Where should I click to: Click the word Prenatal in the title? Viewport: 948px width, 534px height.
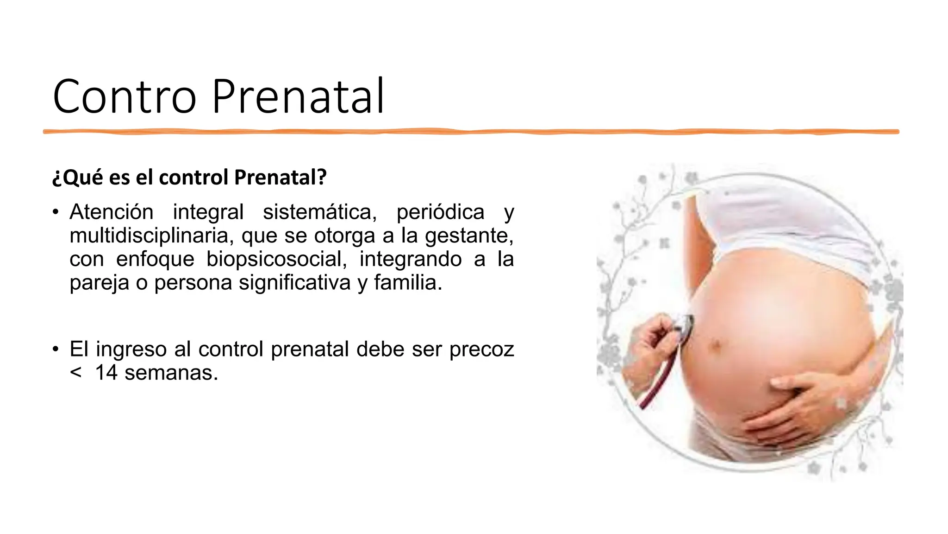298,97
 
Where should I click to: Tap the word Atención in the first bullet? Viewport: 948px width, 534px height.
111,212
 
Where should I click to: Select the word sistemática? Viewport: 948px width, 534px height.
320,212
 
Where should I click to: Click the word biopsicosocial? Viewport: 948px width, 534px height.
276,259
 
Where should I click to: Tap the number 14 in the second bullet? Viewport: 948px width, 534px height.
106,373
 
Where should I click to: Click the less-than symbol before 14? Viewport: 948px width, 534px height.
76,373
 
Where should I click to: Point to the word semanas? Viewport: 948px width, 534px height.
171,373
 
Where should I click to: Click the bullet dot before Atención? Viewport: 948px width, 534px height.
56,213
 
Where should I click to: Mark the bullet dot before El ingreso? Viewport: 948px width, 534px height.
56,349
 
